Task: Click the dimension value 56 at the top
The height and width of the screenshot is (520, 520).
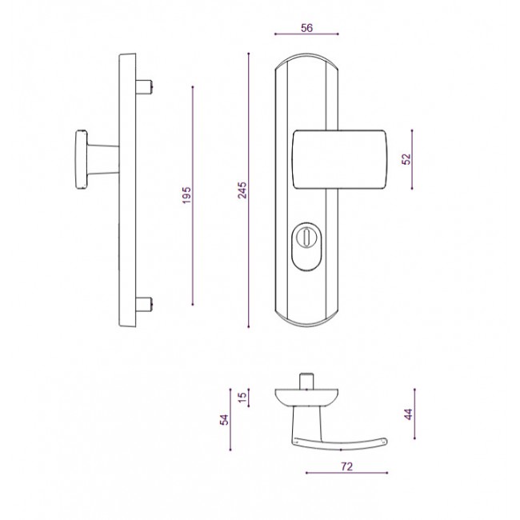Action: point(306,27)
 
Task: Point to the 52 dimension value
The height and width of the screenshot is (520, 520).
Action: point(406,159)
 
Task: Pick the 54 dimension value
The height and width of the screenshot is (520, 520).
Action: point(225,420)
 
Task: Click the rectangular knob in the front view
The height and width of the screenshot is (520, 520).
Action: point(340,159)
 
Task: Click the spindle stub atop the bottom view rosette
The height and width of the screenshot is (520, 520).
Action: point(305,380)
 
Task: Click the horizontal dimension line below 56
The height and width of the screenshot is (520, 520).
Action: point(306,35)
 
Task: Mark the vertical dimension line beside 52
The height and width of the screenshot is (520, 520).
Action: point(413,159)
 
